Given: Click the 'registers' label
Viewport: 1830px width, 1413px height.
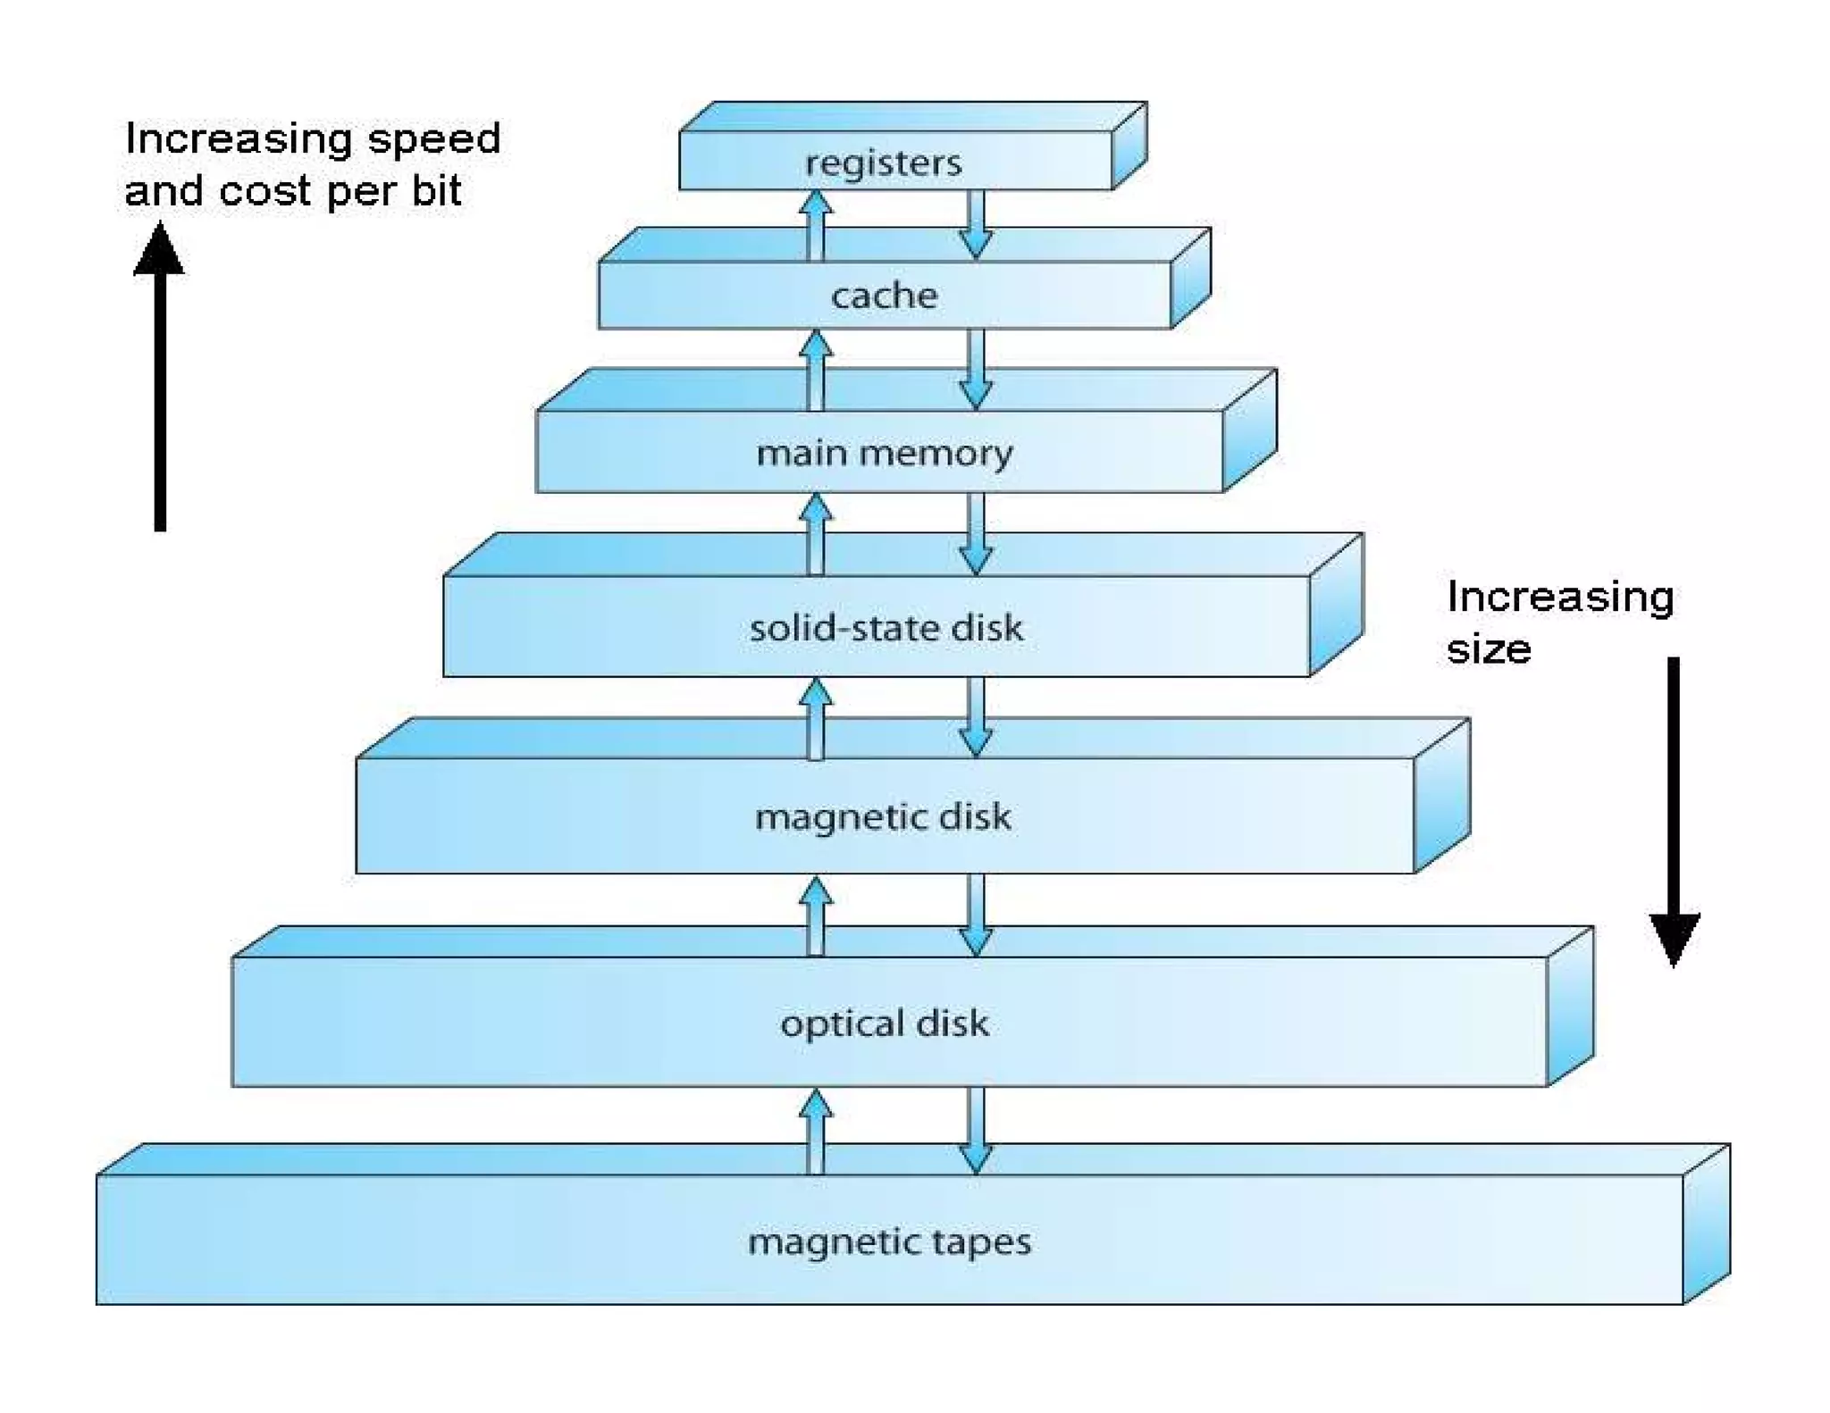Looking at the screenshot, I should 883,163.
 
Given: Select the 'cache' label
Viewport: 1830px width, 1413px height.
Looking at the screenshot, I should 884,296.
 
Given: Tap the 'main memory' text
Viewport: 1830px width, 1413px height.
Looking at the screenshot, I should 884,453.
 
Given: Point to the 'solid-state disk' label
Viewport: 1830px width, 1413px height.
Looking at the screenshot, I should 886,628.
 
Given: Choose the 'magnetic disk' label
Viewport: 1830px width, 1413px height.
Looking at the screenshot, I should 883,816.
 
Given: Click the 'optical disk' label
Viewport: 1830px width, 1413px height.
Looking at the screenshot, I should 885,1023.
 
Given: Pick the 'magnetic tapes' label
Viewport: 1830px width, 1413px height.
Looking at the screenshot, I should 889,1242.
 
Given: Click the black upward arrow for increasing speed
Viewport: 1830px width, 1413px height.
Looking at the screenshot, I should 160,375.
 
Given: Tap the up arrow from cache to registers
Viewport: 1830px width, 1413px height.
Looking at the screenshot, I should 815,225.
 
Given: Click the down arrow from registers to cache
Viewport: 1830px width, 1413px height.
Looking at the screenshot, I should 976,224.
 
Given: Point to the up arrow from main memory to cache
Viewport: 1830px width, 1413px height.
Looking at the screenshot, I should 815,370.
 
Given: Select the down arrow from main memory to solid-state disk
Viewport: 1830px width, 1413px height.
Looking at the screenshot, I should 976,533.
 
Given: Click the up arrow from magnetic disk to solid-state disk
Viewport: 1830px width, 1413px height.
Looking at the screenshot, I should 815,718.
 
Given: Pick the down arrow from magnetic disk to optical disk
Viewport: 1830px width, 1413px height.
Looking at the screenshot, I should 976,915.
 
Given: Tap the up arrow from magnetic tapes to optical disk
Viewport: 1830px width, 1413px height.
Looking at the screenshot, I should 815,1131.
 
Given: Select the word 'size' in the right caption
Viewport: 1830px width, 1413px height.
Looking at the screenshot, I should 1489,649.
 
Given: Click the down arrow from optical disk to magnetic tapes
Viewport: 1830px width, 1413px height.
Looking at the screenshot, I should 976,1131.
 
